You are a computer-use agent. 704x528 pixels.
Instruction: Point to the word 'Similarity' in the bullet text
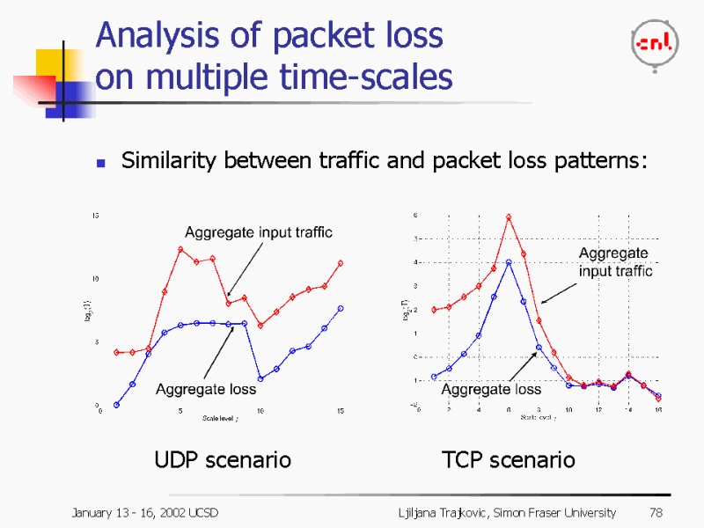[x=170, y=161]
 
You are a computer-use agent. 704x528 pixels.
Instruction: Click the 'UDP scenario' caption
[x=223, y=459]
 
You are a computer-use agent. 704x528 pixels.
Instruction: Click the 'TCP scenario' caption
[x=509, y=459]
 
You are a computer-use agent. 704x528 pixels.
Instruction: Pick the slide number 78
[x=655, y=512]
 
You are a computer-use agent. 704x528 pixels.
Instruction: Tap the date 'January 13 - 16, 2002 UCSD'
[x=144, y=512]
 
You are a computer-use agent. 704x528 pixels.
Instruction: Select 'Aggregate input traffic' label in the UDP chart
[x=259, y=232]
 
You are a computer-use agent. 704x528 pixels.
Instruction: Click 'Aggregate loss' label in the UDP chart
[x=206, y=389]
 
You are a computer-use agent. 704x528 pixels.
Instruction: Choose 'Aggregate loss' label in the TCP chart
[x=491, y=389]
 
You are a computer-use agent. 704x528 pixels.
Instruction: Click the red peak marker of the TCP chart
[x=509, y=216]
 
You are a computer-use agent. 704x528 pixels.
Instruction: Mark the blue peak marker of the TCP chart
[x=509, y=262]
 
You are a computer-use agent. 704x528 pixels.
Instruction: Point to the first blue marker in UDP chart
[x=116, y=405]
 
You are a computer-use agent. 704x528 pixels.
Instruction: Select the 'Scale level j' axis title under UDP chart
[x=220, y=418]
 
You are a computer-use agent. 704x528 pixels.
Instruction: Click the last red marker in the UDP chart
[x=341, y=263]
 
